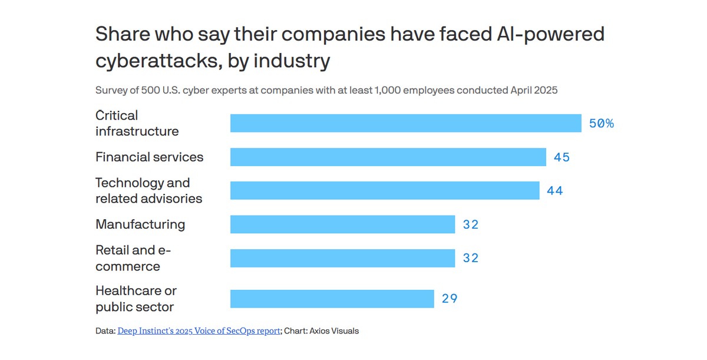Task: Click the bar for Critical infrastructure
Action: tap(405, 123)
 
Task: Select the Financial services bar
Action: tap(388, 157)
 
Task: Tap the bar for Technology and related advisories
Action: tap(385, 190)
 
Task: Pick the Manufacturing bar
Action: tap(342, 224)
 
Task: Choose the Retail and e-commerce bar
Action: tap(342, 258)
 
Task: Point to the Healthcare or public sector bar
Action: tap(332, 299)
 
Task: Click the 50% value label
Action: tap(601, 123)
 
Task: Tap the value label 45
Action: tap(561, 157)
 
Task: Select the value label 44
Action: tap(554, 191)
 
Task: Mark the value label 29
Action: tap(450, 299)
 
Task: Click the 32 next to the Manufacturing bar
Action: tap(470, 224)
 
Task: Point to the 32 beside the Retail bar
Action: tap(470, 258)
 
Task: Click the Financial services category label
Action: tap(149, 157)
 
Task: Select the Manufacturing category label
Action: tap(140, 224)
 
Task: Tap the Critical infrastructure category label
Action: tap(137, 123)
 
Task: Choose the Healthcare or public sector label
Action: tap(136, 299)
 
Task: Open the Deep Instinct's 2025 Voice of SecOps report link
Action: tap(199, 331)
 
